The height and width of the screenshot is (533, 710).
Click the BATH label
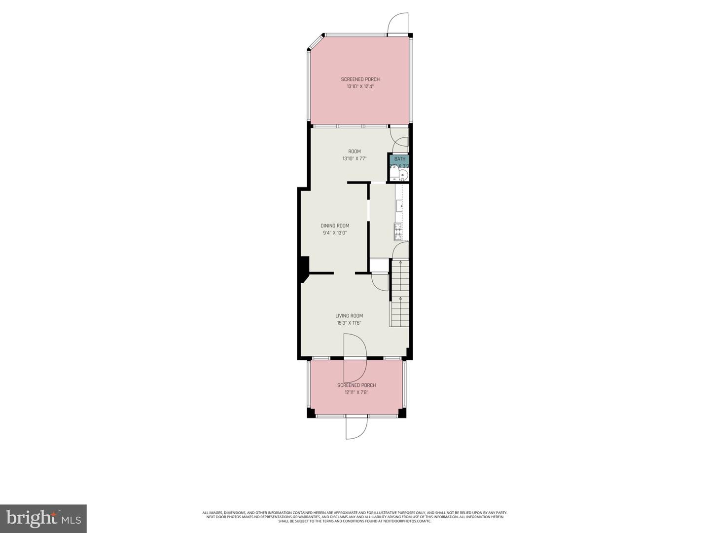point(400,159)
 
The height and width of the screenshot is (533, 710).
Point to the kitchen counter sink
point(398,204)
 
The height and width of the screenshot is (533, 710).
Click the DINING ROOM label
point(335,226)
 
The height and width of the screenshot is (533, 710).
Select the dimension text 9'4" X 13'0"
point(335,233)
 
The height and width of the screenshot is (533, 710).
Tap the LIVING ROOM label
point(349,316)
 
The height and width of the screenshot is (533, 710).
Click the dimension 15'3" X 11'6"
point(349,323)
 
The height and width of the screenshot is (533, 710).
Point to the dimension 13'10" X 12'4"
point(360,86)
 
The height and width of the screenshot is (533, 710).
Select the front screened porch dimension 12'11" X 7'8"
point(356,393)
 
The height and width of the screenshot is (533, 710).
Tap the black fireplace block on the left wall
point(304,268)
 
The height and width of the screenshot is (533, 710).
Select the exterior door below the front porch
point(356,427)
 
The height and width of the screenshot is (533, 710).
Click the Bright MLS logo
point(43,518)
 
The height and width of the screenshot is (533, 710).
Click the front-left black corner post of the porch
point(311,413)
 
